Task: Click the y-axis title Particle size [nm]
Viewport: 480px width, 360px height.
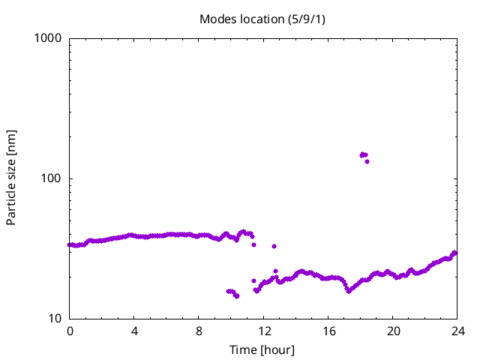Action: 11,178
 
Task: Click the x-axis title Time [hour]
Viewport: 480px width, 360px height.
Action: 262,349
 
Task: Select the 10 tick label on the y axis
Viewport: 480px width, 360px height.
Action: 53,319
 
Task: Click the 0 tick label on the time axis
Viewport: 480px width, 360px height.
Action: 70,331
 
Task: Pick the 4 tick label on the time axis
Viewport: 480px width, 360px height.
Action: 134,331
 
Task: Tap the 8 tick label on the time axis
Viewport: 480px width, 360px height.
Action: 199,331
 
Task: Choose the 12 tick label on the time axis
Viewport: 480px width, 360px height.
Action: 263,331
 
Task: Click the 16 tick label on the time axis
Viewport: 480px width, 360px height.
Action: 328,331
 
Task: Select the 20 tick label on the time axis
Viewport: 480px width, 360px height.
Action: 392,331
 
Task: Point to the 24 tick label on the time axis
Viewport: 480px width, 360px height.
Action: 457,331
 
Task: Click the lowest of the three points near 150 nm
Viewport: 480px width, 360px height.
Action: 367,161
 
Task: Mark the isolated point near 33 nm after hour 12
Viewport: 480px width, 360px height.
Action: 274,246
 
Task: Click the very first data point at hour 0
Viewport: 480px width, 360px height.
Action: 70,244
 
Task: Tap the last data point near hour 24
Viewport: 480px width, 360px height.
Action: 454,253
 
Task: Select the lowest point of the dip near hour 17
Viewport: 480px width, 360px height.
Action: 348,290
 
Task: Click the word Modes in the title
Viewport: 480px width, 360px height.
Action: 216,18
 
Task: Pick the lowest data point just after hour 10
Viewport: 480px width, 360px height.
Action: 236,296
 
